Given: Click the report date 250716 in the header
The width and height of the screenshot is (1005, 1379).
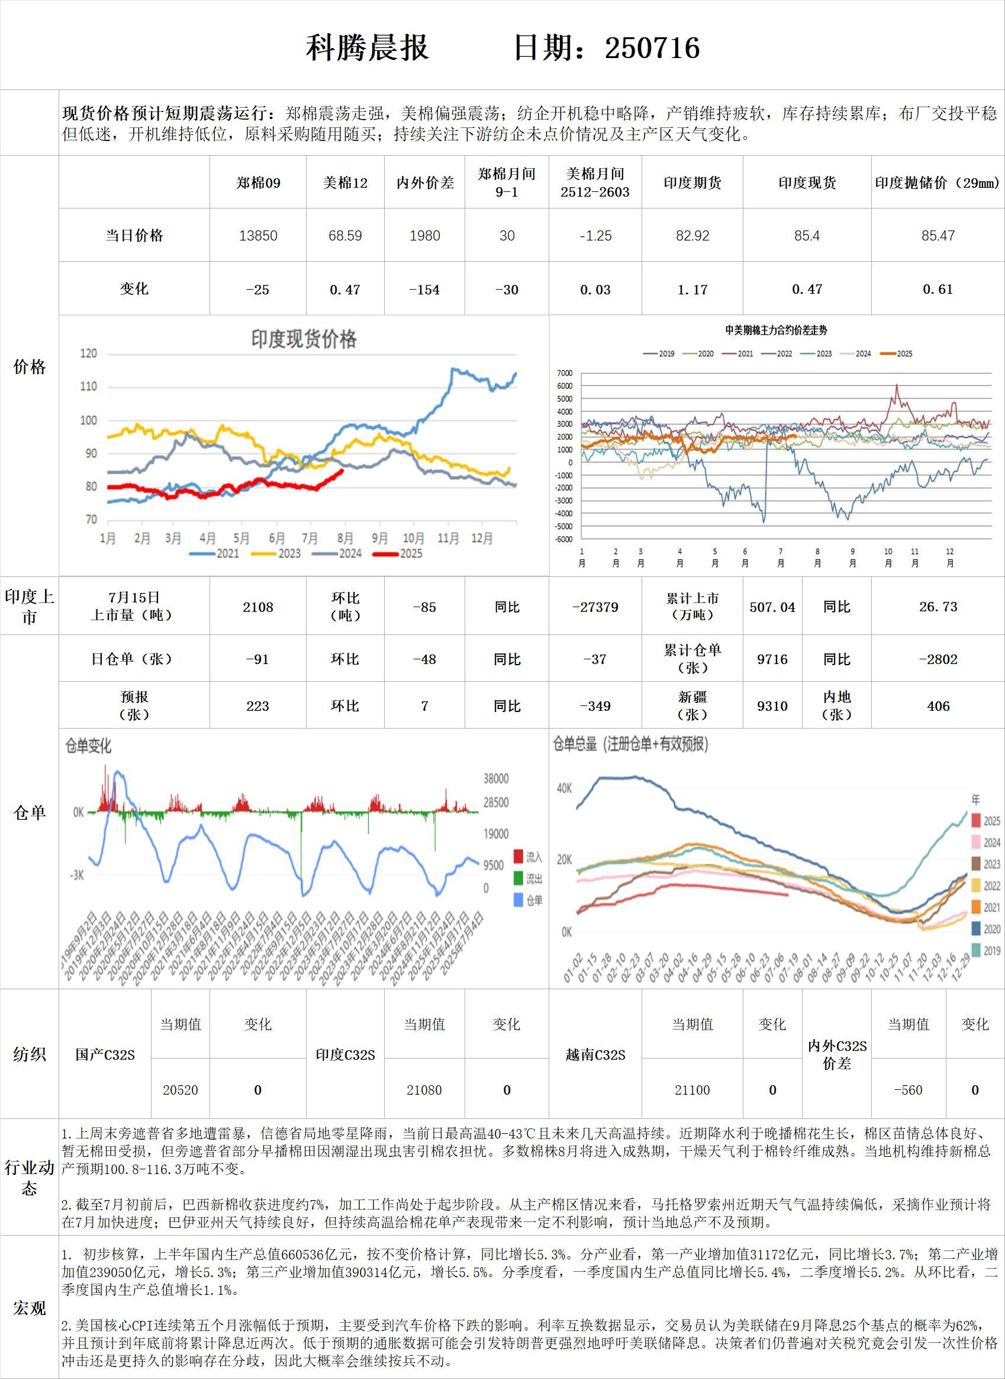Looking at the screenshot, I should point(652,48).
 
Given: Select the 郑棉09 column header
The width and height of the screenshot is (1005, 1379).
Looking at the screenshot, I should point(258,182).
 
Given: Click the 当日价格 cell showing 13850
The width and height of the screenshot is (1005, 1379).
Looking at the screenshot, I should point(258,236).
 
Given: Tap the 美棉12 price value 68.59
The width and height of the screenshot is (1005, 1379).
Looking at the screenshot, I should point(345,236).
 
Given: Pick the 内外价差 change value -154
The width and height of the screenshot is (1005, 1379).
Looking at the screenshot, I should point(424,290).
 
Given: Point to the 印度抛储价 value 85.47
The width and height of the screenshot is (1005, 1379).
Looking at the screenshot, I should point(938,236).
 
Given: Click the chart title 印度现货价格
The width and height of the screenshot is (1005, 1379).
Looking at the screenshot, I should point(304,339).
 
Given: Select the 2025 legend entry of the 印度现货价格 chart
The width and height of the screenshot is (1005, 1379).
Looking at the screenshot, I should point(398,553).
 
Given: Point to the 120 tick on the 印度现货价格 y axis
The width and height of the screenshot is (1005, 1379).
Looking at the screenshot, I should point(89,354).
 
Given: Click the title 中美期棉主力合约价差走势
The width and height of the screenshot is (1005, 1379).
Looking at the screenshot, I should point(777,331).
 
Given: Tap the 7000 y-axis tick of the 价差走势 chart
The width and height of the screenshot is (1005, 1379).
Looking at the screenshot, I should point(565,373).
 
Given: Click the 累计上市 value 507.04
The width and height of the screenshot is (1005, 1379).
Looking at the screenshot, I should point(772,607).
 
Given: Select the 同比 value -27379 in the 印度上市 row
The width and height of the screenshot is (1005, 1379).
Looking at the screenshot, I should point(595,607).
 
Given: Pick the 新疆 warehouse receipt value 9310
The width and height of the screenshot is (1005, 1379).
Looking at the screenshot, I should point(772,706).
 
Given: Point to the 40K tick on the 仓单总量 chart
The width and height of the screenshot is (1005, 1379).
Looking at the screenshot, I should point(564,788).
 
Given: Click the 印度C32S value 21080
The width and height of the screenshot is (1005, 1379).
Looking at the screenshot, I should point(424,1090).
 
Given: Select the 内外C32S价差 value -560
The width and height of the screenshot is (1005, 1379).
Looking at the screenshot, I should point(908,1090).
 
